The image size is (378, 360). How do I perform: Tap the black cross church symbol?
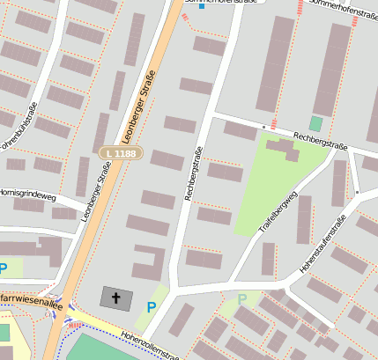click(x=116, y=298)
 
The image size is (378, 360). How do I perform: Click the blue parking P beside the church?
click(x=152, y=307)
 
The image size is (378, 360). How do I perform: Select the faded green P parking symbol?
click(x=242, y=299)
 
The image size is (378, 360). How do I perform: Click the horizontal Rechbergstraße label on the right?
click(x=321, y=142)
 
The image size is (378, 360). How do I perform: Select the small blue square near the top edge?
click(x=201, y=7)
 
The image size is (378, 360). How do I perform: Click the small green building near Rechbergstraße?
click(x=315, y=123)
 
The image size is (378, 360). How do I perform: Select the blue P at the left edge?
click(x=4, y=268)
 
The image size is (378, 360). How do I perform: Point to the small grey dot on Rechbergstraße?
click(x=263, y=127)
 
